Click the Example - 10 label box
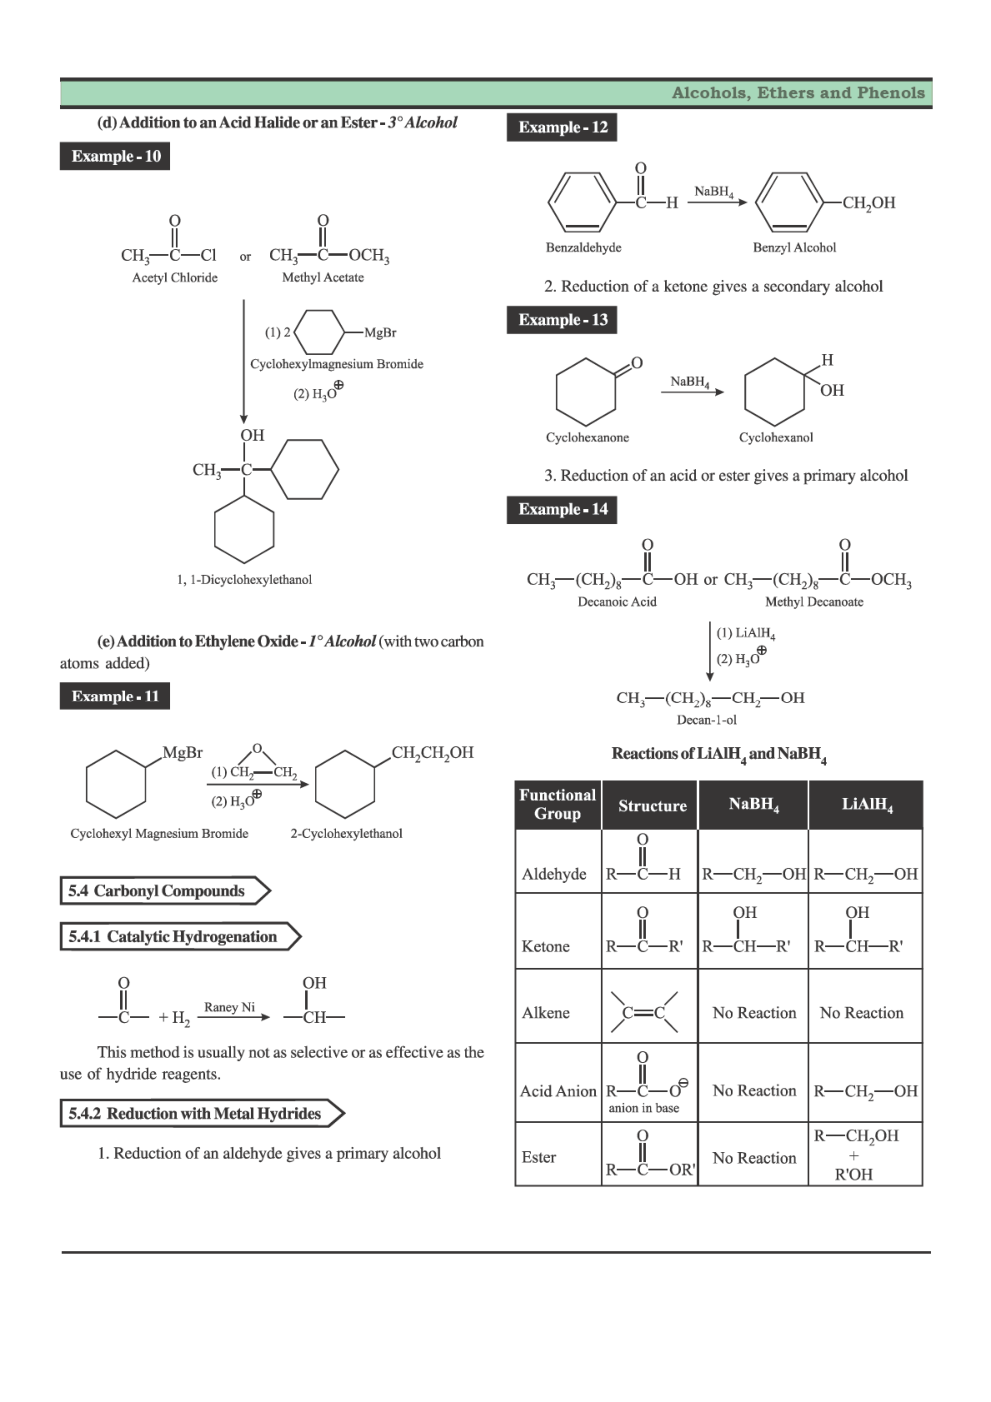[x=115, y=156]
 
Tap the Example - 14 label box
[x=562, y=509]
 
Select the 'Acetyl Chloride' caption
[x=175, y=278]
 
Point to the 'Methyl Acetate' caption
[x=322, y=278]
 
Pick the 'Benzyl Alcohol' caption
[x=794, y=248]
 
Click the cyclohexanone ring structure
[x=586, y=391]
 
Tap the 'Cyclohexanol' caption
[x=776, y=438]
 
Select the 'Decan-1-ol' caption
[x=706, y=720]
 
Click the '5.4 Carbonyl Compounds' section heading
[x=157, y=891]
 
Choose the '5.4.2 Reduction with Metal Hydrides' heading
[x=195, y=1114]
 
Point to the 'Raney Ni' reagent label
[x=229, y=1007]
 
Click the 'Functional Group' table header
[x=557, y=805]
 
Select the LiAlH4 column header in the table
[x=866, y=805]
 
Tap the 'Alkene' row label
[x=546, y=1013]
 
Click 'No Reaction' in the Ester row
[x=754, y=1158]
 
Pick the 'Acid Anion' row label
[x=558, y=1091]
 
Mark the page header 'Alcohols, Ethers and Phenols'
[x=798, y=93]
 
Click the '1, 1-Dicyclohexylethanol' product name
[x=244, y=580]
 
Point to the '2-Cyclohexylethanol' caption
[x=346, y=834]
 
